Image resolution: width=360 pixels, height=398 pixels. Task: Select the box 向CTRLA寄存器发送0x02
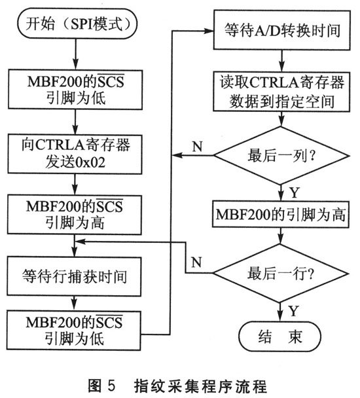[x=77, y=151]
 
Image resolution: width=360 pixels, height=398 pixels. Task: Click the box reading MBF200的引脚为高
[x=281, y=214]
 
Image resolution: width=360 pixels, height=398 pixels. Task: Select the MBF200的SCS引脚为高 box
[x=77, y=215]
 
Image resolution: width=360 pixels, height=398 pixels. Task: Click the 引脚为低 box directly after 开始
[x=77, y=90]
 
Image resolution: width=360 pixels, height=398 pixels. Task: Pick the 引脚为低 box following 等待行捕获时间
[x=77, y=331]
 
